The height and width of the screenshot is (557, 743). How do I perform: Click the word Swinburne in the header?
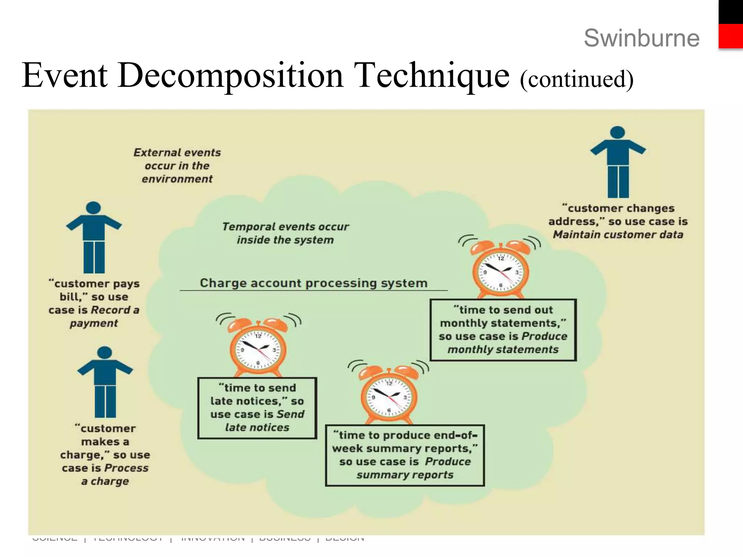pyautogui.click(x=641, y=38)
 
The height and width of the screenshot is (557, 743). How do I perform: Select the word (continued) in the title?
pyautogui.click(x=576, y=79)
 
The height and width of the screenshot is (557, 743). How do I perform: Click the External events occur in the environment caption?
pyautogui.click(x=177, y=166)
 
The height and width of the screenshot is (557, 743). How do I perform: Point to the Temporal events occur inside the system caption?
pyautogui.click(x=285, y=233)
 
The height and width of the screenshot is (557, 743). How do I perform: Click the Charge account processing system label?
pyautogui.click(x=313, y=283)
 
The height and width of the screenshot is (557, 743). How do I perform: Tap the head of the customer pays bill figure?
pyautogui.click(x=94, y=208)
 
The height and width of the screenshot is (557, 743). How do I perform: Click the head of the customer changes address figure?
pyautogui.click(x=617, y=132)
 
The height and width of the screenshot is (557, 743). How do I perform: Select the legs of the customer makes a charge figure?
pyautogui.click(x=105, y=401)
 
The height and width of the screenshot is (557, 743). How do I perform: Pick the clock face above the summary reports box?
pyautogui.click(x=389, y=397)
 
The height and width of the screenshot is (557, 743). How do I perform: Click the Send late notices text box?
pyautogui.click(x=257, y=408)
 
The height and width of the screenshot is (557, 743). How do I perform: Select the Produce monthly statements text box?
pyautogui.click(x=503, y=330)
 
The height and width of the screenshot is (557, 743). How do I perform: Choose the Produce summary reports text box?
pyautogui.click(x=405, y=455)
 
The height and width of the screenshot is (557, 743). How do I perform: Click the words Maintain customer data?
pyautogui.click(x=618, y=235)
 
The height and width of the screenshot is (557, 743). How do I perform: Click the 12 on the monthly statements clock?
pyautogui.click(x=501, y=259)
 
